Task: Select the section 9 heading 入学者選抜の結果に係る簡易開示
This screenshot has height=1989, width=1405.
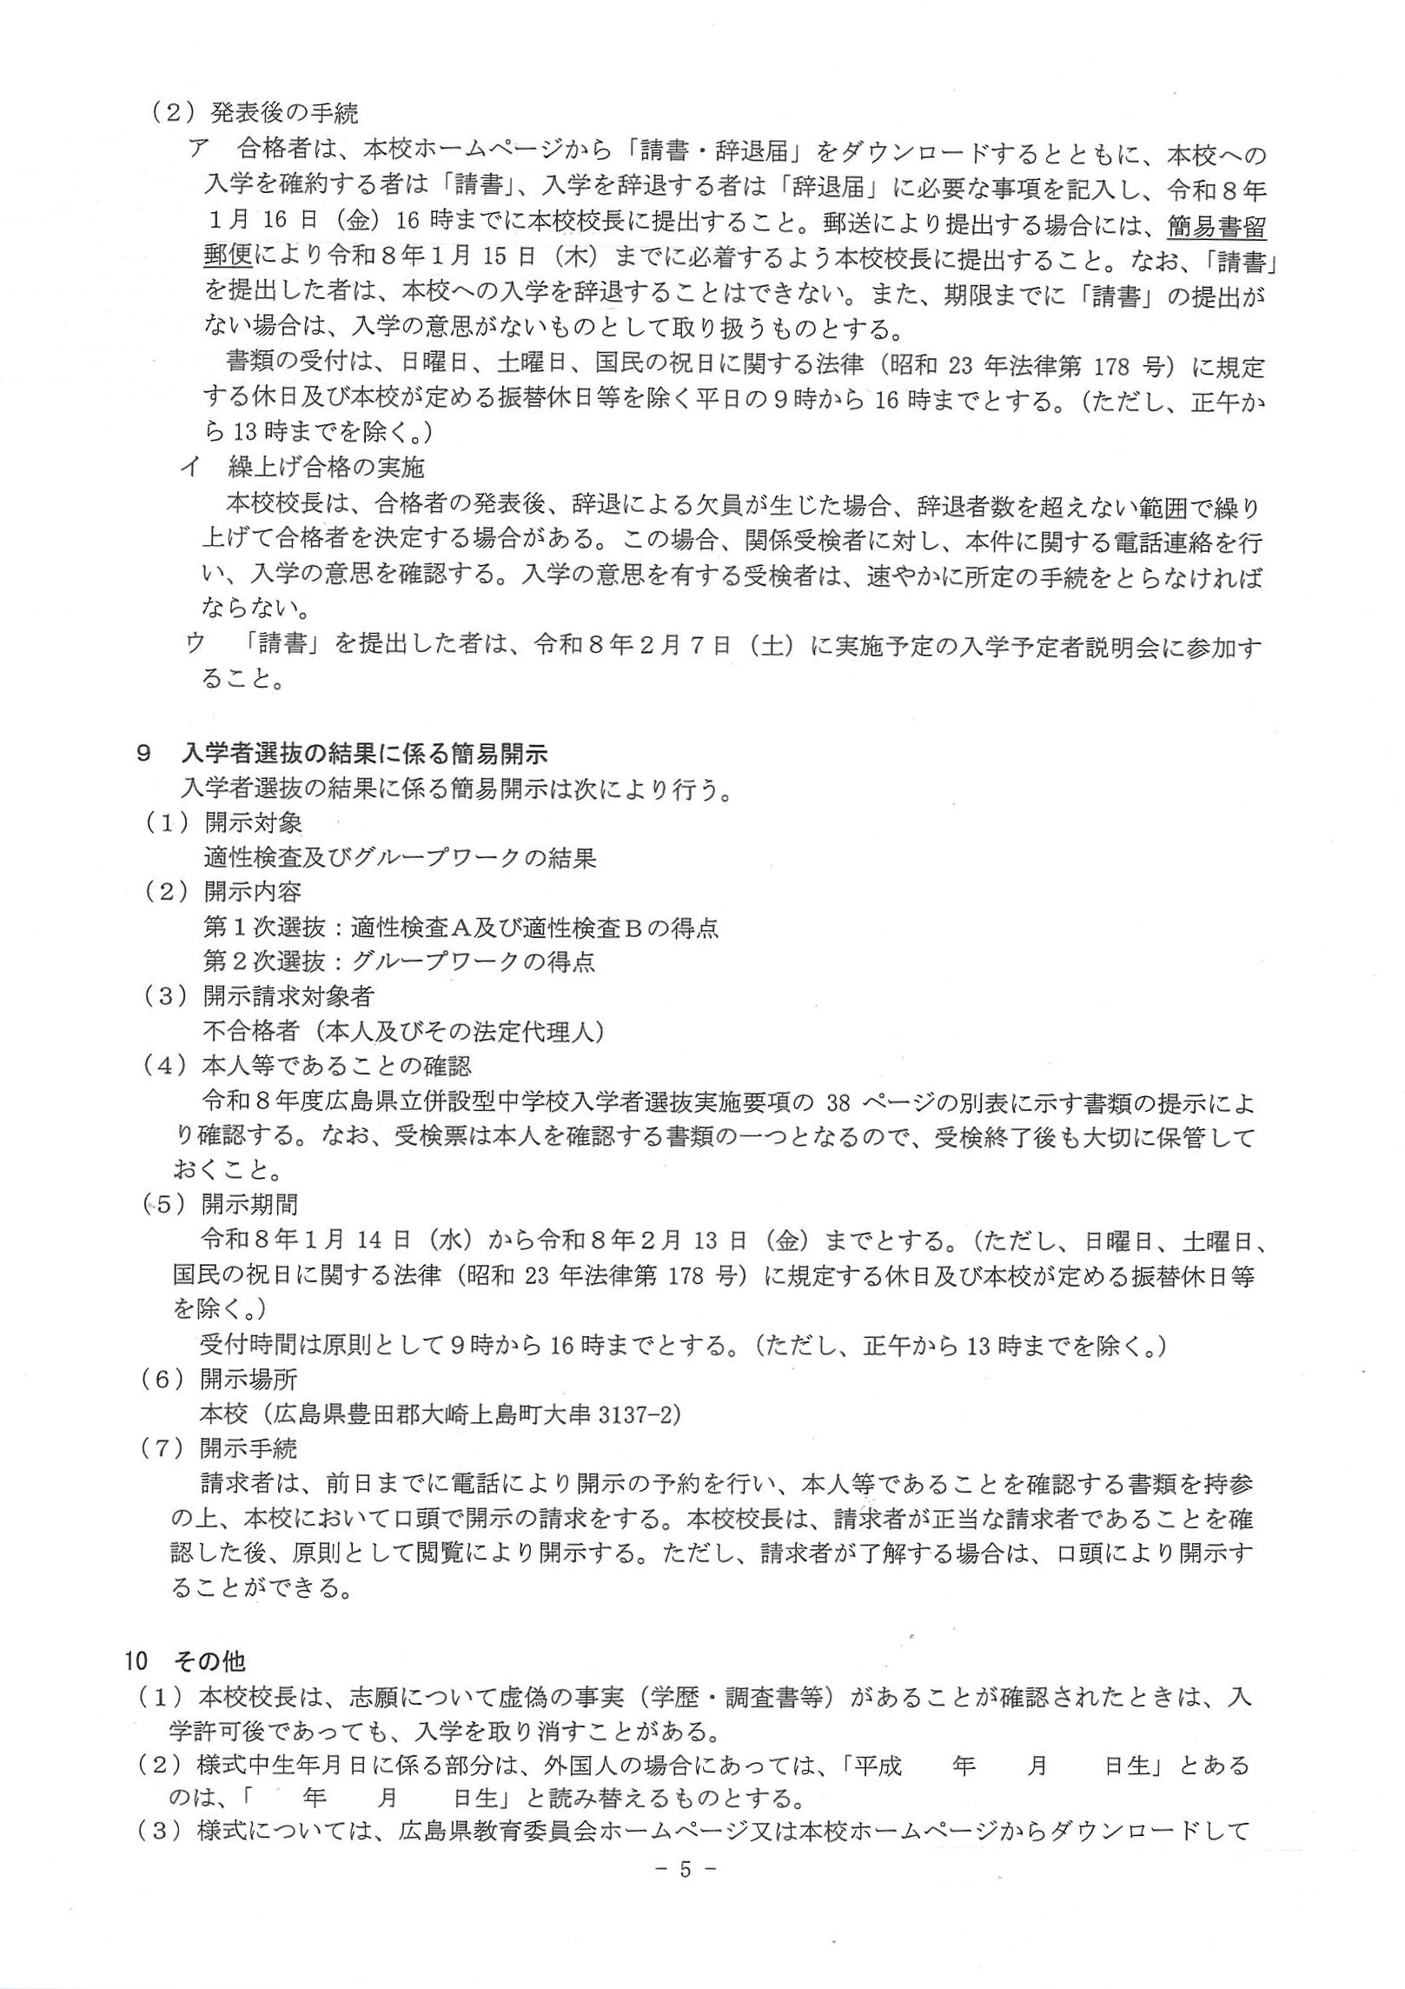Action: [365, 753]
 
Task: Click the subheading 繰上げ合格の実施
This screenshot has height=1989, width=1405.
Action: [326, 468]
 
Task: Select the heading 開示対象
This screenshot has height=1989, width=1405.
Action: [253, 822]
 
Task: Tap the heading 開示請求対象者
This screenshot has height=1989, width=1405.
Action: [275, 996]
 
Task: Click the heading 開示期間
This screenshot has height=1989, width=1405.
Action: [249, 1204]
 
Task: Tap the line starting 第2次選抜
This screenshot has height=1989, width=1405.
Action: [399, 961]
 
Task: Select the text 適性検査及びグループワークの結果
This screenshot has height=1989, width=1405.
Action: [399, 858]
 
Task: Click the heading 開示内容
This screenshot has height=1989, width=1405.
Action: [253, 892]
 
